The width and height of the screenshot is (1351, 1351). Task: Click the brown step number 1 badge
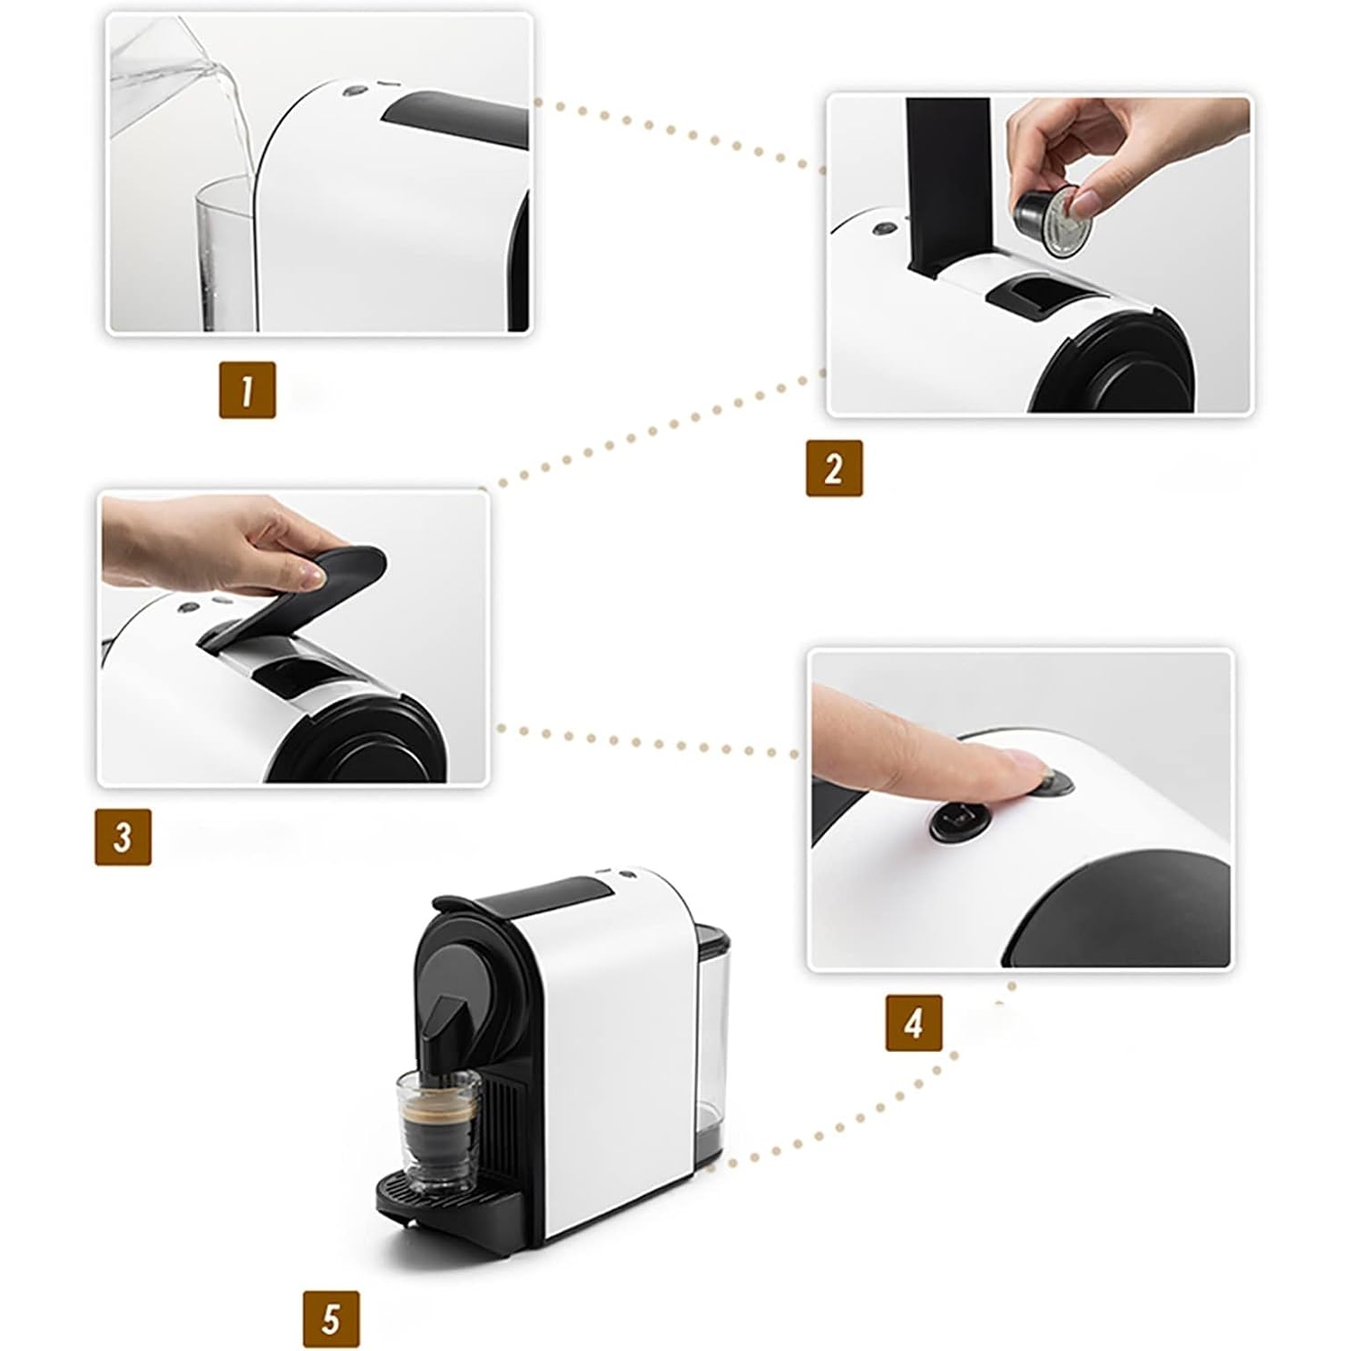[247, 390]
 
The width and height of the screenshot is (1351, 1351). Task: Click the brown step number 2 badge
[833, 468]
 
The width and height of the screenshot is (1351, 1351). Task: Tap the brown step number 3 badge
[122, 837]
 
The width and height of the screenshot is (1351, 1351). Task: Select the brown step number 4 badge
[913, 1022]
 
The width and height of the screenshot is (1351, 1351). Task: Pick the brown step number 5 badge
[331, 1319]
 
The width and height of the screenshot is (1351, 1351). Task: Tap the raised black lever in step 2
[948, 180]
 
